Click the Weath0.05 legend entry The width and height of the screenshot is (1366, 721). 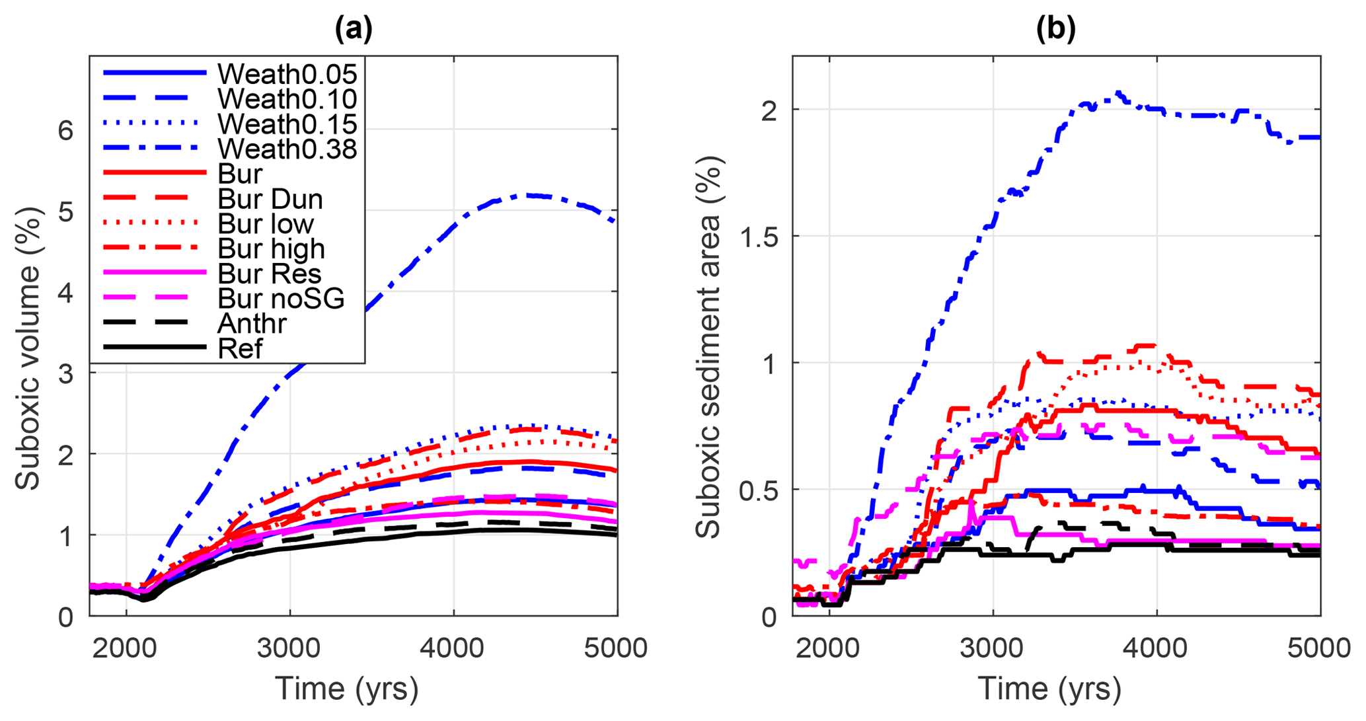click(x=287, y=74)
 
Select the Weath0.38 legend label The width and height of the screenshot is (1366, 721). click(x=287, y=149)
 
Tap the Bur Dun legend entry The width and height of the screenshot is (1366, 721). click(x=270, y=199)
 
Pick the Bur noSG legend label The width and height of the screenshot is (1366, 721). click(x=281, y=299)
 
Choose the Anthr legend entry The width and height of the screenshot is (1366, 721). click(x=252, y=324)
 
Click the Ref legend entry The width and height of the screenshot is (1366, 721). click(x=240, y=349)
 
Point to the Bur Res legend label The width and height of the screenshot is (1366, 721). click(x=269, y=274)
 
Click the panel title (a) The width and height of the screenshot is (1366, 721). click(x=354, y=29)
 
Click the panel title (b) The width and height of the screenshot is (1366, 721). click(x=1055, y=29)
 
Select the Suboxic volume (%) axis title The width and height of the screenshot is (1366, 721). click(x=28, y=348)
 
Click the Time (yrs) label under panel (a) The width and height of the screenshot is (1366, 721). click(x=347, y=689)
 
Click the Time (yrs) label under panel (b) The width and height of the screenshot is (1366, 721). click(x=1049, y=689)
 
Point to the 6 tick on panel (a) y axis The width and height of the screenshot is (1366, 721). click(x=65, y=130)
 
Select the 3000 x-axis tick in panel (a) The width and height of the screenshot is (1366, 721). click(x=289, y=648)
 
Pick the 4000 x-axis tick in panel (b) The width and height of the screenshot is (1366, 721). click(x=1156, y=648)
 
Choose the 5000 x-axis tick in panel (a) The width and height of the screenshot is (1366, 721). click(x=616, y=648)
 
